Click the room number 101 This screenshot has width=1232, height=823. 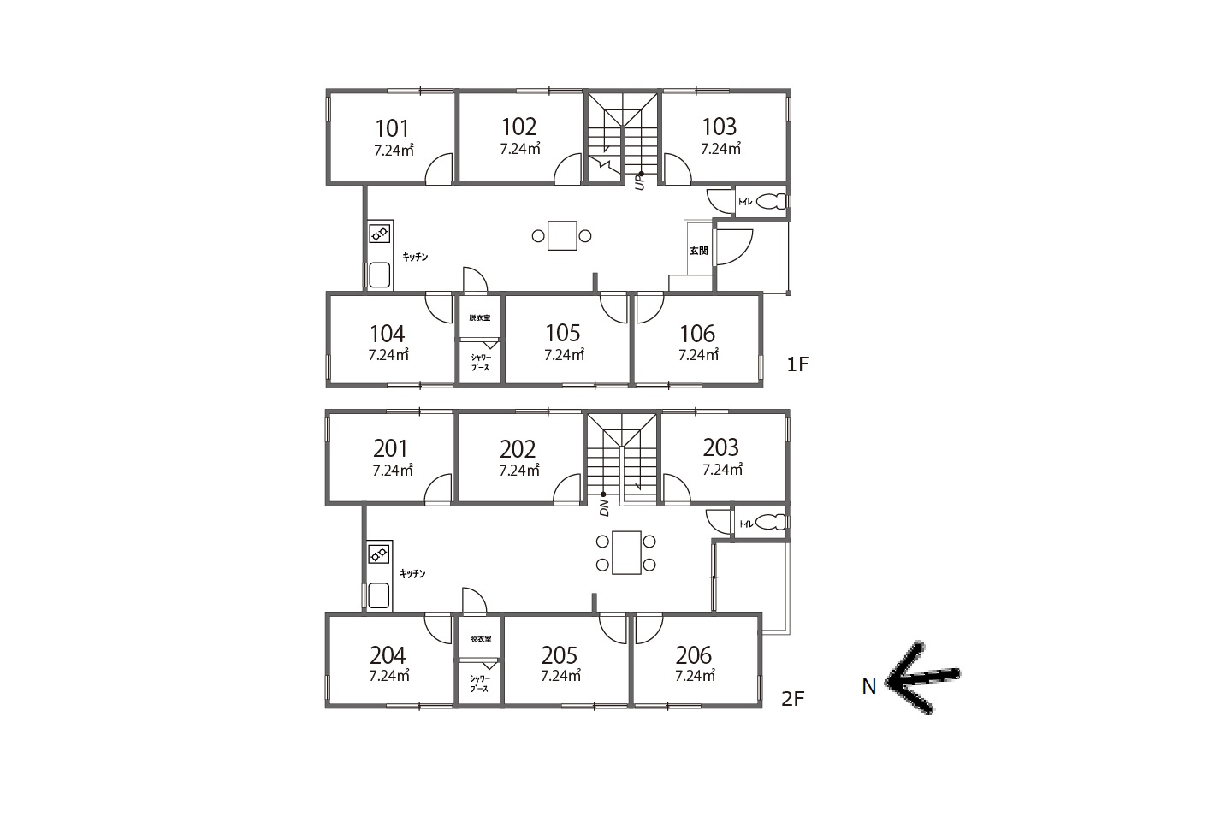click(392, 128)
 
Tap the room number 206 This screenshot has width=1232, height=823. click(694, 655)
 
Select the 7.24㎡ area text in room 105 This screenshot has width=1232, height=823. click(564, 355)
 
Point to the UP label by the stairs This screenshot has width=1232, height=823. click(639, 182)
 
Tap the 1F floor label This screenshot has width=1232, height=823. click(798, 364)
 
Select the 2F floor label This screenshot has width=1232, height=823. click(792, 699)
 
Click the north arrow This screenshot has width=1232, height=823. click(921, 678)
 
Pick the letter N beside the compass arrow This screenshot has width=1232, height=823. click(869, 687)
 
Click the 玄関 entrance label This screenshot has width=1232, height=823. click(698, 251)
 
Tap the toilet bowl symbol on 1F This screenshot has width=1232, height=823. click(773, 202)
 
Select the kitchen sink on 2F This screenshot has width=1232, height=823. click(379, 595)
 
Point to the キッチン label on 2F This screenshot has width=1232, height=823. click(412, 574)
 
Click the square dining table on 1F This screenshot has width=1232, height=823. click(562, 236)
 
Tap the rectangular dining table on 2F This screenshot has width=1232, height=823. click(626, 553)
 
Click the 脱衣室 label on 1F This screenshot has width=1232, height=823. click(480, 318)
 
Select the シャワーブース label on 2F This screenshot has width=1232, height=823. click(480, 684)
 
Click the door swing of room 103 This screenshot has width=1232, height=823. click(678, 168)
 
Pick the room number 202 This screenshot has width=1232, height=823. click(518, 450)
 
